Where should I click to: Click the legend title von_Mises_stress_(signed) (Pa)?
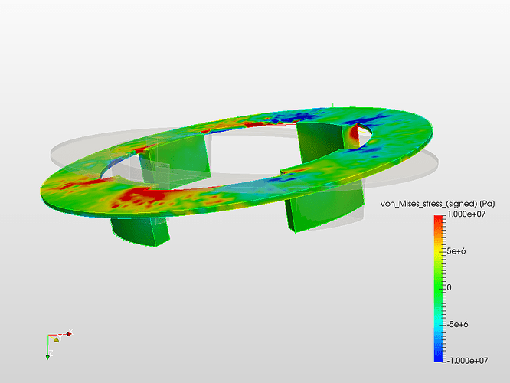(437, 204)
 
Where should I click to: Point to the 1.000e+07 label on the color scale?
(466, 214)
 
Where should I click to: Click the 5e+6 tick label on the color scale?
(456, 251)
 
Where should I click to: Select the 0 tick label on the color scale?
(450, 287)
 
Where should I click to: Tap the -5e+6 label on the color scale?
(457, 324)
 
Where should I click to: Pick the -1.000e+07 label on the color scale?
(467, 361)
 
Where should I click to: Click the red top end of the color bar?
(438, 218)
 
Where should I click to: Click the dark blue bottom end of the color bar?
(438, 359)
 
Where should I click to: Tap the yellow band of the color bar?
(438, 251)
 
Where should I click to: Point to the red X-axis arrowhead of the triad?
(69, 334)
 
